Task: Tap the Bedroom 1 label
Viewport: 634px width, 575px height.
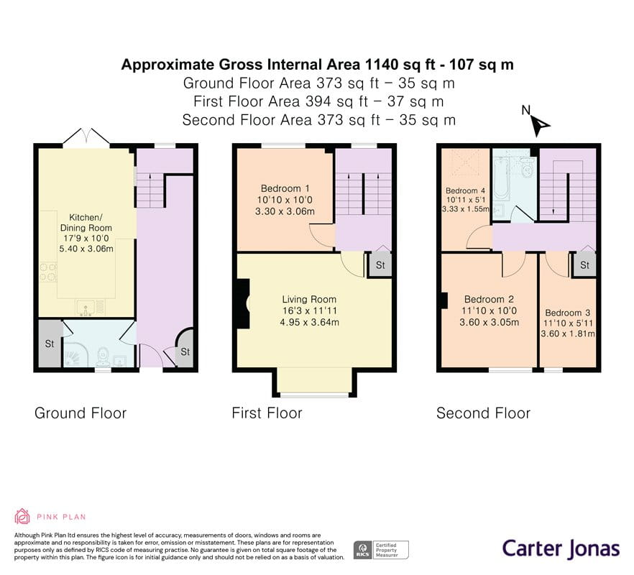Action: point(285,188)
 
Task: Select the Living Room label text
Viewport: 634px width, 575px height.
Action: point(309,299)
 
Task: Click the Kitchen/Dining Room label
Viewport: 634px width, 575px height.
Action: point(86,222)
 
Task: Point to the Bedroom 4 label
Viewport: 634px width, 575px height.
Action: point(465,190)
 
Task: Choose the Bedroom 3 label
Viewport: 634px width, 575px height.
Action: point(568,313)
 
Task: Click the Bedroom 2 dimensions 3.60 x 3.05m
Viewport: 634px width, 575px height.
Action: point(490,322)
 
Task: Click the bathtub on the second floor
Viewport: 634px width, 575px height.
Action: point(501,178)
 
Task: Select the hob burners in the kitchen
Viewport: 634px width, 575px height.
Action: point(49,272)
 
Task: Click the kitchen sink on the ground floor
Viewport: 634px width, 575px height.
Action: point(86,308)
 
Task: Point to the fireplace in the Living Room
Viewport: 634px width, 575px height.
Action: point(244,304)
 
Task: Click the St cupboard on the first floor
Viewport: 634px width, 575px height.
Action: point(380,264)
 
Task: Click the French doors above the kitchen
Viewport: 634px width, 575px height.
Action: point(86,137)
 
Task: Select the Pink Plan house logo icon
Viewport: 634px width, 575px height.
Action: point(22,516)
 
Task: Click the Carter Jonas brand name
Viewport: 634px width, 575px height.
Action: point(561,548)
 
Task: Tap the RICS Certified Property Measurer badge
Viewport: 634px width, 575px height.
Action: point(381,550)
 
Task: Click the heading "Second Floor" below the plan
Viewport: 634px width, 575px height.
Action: point(483,413)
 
